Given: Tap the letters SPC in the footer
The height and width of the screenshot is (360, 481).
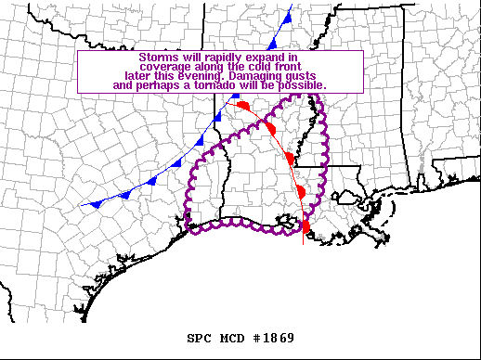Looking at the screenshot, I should coord(198,337).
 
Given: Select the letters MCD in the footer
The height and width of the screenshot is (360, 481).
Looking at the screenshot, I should coord(231,337).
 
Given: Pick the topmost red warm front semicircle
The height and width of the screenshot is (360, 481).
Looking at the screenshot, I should coord(243,106).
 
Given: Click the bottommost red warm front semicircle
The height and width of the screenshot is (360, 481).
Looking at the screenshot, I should coord(305,225).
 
